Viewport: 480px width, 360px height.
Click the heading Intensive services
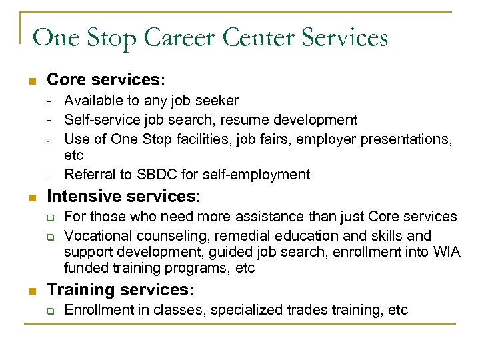pyautogui.click(x=123, y=197)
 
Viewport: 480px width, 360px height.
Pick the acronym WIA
pyautogui.click(x=447, y=253)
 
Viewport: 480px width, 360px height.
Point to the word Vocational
pyautogui.click(x=98, y=235)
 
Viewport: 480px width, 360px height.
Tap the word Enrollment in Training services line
pyautogui.click(x=99, y=310)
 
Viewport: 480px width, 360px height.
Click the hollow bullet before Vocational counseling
pyautogui.click(x=49, y=237)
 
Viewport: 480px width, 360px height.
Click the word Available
pyautogui.click(x=91, y=101)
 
